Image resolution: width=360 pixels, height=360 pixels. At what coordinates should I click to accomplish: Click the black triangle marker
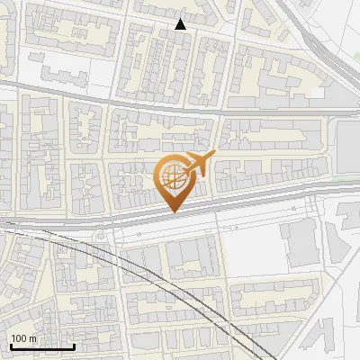coord(181,24)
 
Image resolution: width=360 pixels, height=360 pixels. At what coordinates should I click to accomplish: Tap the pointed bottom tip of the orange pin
coord(173,212)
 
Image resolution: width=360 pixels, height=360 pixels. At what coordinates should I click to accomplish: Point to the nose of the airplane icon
coord(212,156)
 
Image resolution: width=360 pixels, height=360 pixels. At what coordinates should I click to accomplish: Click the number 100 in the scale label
coord(20,339)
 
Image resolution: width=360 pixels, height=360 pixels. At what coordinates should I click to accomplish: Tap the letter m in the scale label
coord(34,339)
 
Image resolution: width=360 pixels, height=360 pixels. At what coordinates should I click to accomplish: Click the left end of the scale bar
coord(10,347)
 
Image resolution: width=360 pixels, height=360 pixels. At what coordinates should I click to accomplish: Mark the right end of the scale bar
coord(74,347)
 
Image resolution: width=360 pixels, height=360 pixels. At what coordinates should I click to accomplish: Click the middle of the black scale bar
coord(41,347)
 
